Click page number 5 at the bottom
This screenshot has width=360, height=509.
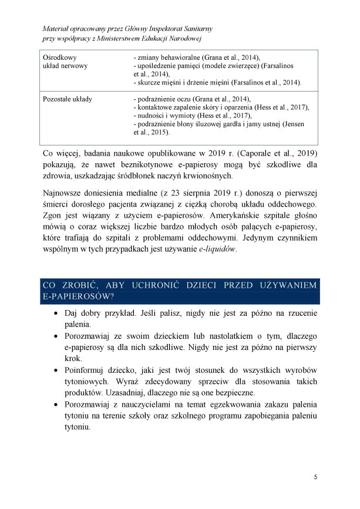coord(315,477)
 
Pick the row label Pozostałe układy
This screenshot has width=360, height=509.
coord(67,100)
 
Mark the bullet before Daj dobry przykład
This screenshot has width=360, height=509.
coord(55,314)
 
